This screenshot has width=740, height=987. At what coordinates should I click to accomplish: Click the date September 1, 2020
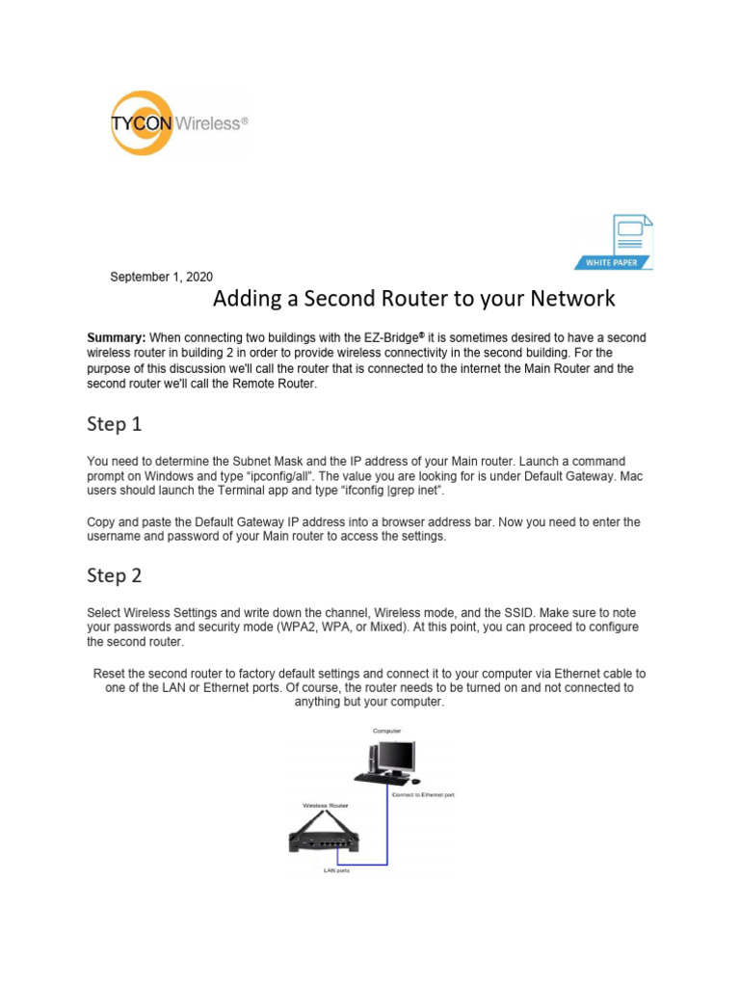coord(162,277)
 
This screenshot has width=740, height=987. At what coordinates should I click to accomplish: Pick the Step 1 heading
coord(114,424)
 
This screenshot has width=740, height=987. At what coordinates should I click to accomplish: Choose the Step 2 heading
coord(114,575)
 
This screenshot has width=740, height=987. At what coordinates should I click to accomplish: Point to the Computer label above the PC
coord(386,732)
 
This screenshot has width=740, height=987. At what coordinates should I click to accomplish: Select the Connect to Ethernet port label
coord(422,795)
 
